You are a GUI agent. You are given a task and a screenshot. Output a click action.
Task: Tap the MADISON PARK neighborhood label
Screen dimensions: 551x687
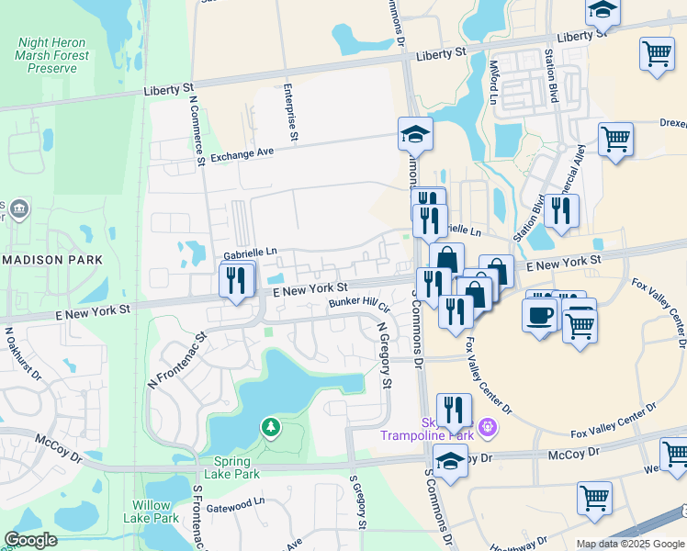[51, 260]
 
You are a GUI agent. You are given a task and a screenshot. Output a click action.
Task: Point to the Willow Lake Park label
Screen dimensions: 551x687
[152, 512]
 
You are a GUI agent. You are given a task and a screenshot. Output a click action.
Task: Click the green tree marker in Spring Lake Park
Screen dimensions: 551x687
[270, 427]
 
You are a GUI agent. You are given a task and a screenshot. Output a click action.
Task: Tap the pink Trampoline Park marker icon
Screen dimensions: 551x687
[487, 427]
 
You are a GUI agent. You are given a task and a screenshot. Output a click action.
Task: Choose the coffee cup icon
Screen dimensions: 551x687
[539, 315]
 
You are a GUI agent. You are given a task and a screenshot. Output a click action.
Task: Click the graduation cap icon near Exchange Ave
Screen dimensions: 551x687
[415, 135]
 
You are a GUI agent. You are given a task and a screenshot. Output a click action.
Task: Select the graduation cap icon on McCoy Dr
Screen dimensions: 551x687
[450, 462]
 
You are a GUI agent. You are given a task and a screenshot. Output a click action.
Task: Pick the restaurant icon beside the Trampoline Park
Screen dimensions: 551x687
[454, 410]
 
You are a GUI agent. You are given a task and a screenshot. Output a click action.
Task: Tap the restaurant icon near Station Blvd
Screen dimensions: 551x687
[560, 212]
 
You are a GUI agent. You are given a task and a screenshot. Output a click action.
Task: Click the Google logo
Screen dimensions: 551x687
[31, 540]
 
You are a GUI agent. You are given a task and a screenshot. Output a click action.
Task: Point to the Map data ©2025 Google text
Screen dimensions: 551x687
[628, 544]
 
